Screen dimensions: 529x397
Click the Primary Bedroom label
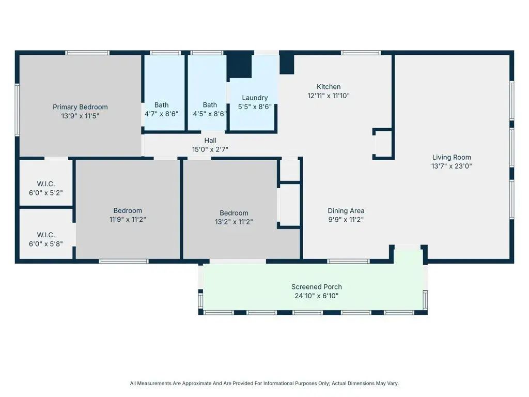coord(80,107)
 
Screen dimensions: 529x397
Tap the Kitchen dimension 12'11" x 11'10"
coord(328,96)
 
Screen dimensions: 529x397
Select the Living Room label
coord(452,157)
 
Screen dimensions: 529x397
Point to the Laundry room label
coord(255,98)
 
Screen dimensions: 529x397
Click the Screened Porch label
coord(317,287)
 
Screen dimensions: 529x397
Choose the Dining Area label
coord(346,211)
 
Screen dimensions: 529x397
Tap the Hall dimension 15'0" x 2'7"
coord(210,149)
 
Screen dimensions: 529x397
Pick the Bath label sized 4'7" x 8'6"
coord(161,105)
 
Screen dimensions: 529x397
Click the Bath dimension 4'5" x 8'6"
coord(210,114)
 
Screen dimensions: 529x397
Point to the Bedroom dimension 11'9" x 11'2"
coord(128,219)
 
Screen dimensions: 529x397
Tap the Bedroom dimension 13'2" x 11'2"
coord(234,222)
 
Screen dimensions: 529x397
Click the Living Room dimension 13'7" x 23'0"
coord(452,166)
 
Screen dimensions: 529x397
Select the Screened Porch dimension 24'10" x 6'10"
coord(317,296)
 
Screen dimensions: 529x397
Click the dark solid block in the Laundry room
coord(239,66)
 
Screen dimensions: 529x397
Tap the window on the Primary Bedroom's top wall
coord(87,53)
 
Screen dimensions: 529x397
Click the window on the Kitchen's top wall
coord(361,53)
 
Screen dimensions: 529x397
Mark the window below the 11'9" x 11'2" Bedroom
coord(124,261)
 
